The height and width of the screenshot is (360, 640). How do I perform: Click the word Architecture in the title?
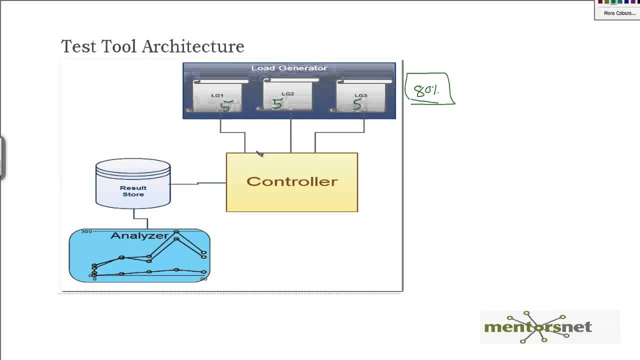click(x=193, y=46)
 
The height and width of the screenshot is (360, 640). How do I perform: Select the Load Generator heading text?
click(x=289, y=68)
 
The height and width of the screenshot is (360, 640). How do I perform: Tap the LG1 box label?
click(x=217, y=95)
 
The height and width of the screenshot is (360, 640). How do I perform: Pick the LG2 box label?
click(x=287, y=94)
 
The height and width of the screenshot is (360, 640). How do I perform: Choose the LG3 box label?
click(x=360, y=95)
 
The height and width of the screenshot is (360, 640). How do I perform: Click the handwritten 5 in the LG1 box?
click(x=226, y=106)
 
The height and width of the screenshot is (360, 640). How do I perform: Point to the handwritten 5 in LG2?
click(x=277, y=103)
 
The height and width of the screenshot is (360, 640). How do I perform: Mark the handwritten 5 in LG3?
click(x=356, y=104)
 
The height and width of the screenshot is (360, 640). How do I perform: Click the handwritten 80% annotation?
click(x=426, y=90)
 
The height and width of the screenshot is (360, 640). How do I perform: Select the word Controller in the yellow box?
click(x=291, y=181)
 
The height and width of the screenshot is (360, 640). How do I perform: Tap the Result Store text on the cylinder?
click(x=133, y=191)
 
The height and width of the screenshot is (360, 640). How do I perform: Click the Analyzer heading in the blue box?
click(x=139, y=235)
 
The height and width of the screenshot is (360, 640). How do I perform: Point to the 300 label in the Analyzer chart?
click(x=86, y=231)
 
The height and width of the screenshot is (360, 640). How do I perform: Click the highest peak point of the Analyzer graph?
click(x=176, y=232)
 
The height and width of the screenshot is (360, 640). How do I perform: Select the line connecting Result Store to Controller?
click(x=198, y=183)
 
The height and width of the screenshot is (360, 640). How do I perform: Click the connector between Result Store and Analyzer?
click(x=140, y=218)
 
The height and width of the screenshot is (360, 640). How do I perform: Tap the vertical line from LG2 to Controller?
click(x=291, y=135)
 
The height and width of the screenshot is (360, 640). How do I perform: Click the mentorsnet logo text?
click(x=537, y=327)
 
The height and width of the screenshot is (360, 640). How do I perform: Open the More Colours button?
click(x=619, y=13)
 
